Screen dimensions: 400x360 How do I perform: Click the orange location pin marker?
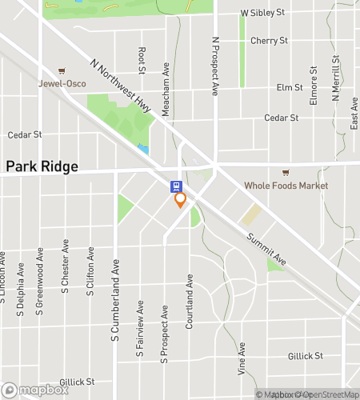[x=181, y=200]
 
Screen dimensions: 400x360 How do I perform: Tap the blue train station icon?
[x=174, y=186]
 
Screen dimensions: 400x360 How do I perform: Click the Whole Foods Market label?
[x=287, y=186]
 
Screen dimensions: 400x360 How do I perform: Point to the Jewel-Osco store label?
[x=60, y=82]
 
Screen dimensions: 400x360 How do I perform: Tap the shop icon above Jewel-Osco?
[x=60, y=70]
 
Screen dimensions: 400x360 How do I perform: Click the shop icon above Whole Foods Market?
[x=284, y=173]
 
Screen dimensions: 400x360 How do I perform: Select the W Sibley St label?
[x=263, y=14]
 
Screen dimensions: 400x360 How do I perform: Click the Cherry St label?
[x=269, y=40]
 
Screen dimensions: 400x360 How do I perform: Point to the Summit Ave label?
[x=266, y=249]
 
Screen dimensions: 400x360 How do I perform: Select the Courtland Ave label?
[x=190, y=304]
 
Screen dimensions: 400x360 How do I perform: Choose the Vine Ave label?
[x=242, y=359]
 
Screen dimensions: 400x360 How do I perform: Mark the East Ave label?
[x=354, y=113]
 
